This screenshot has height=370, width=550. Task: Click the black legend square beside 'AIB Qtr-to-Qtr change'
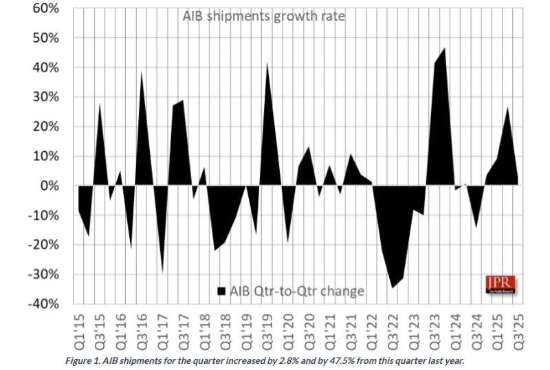point(222,291)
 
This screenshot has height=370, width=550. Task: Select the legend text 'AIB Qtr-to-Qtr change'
point(298,291)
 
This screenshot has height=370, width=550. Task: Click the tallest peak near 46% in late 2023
point(445,49)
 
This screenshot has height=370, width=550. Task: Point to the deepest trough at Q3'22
point(393,287)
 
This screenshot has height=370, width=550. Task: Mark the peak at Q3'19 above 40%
point(267,64)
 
